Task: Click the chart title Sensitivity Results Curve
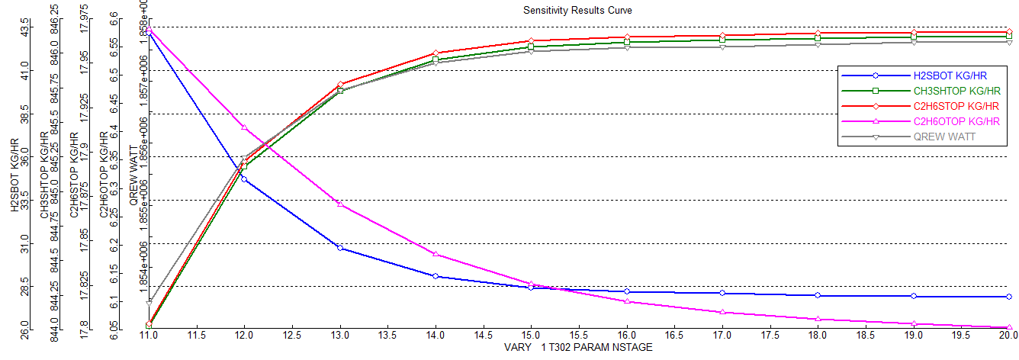(x=577, y=10)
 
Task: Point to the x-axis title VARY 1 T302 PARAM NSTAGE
(x=578, y=348)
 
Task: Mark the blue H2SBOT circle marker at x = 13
(x=339, y=248)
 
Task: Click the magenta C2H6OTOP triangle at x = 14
(x=435, y=254)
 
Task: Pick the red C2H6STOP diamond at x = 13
(x=339, y=85)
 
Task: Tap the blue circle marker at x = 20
(x=1008, y=297)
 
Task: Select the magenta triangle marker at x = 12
(x=243, y=127)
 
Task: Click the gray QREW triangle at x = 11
(x=149, y=303)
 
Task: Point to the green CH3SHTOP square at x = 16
(x=626, y=42)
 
